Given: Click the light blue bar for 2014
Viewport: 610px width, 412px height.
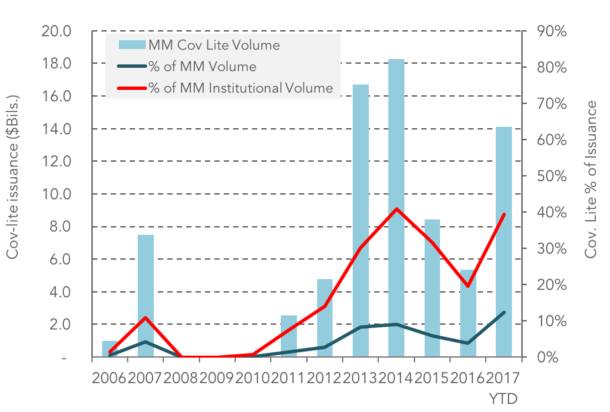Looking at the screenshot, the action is [396, 208].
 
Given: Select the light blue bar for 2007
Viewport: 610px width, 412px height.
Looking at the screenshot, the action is [146, 296].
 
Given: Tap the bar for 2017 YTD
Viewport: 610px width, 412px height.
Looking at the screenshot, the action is [503, 242].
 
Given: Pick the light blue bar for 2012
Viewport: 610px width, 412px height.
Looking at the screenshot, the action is [324, 318].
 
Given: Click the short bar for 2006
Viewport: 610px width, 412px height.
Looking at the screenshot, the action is [110, 349].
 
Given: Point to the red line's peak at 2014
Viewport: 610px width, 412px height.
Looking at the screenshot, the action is [396, 209].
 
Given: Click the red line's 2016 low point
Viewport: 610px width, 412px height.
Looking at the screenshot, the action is [468, 286].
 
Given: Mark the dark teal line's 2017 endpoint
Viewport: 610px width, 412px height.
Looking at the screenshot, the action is [504, 312].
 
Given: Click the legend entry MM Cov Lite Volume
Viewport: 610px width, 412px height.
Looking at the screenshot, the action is [199, 45].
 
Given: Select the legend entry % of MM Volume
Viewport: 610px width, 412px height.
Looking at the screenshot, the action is [187, 66].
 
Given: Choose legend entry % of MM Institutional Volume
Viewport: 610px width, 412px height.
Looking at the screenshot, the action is [225, 88].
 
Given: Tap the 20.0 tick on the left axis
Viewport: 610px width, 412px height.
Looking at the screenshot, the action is [56, 31].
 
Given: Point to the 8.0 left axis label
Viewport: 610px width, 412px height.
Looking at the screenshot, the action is [60, 226].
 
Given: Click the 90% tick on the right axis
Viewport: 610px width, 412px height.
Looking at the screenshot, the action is [552, 31].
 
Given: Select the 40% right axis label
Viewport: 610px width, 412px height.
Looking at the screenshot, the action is [552, 212].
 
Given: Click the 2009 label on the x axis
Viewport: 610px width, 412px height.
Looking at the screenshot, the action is [217, 378].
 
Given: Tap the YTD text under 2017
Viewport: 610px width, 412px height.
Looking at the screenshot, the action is [503, 399].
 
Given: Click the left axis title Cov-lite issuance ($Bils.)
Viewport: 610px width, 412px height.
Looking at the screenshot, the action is [13, 177].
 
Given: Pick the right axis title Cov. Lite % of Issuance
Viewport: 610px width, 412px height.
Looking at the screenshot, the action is [591, 179].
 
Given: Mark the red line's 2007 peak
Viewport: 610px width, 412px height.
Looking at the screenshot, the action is [146, 317].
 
